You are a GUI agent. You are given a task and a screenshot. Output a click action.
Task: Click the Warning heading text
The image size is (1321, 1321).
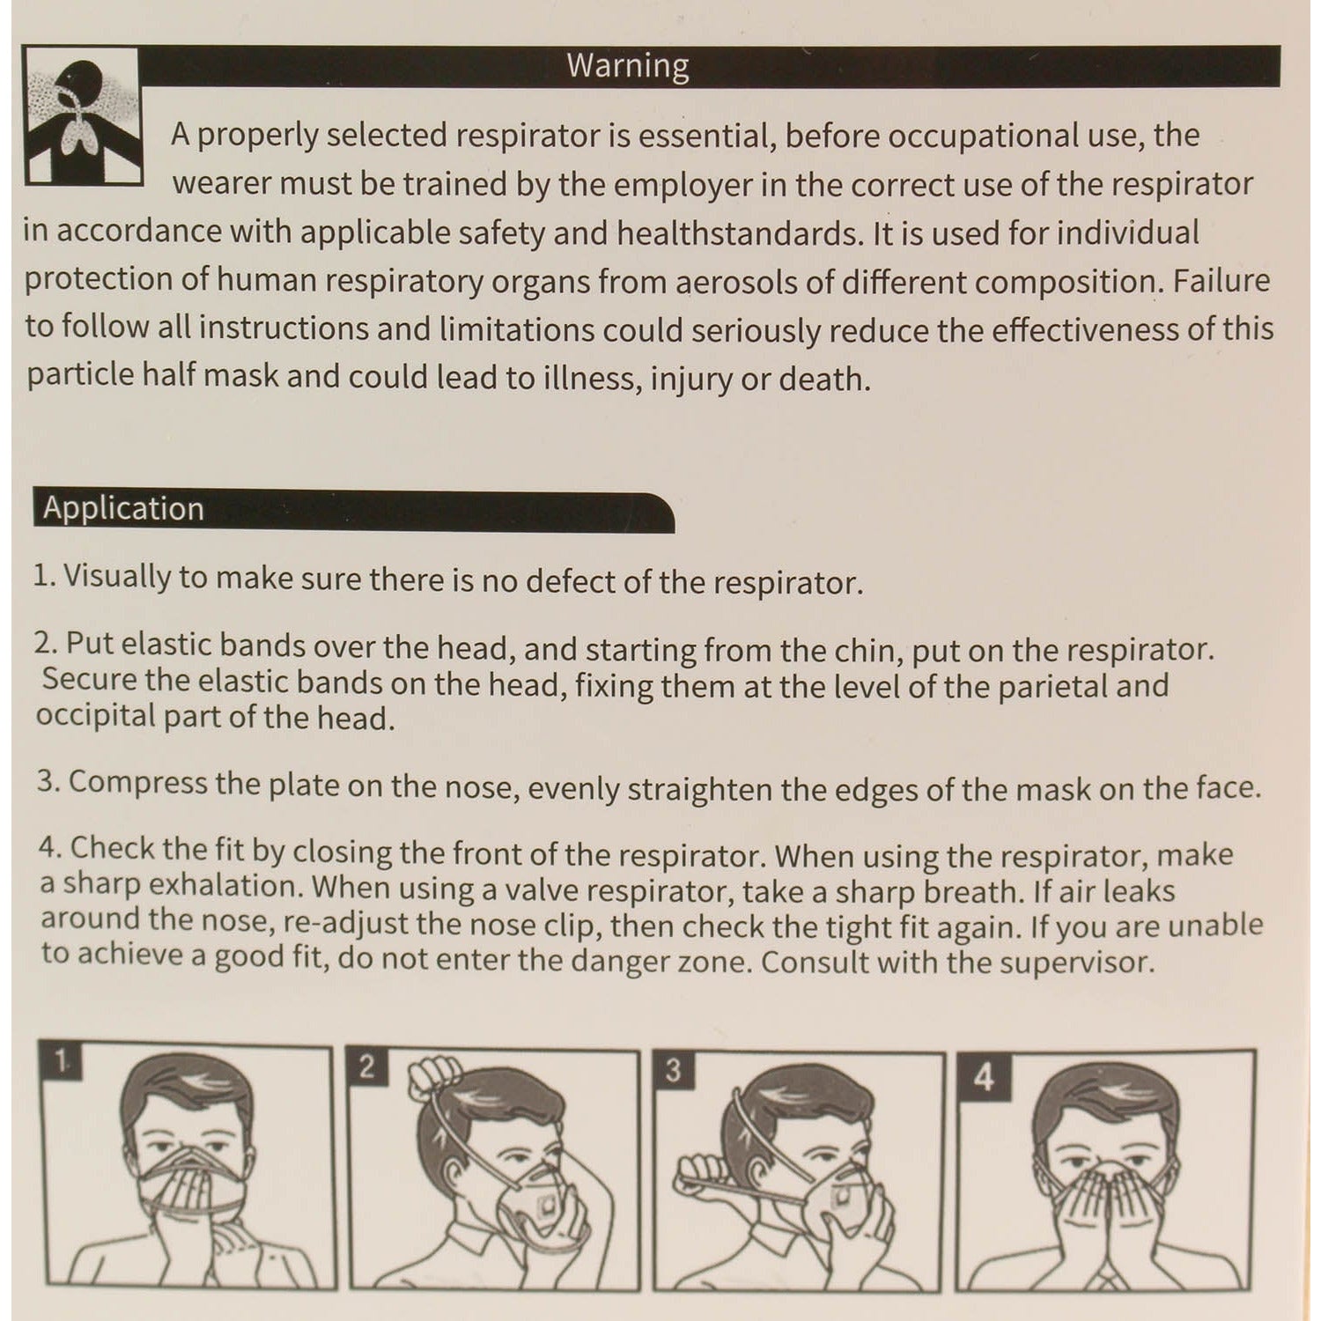627,66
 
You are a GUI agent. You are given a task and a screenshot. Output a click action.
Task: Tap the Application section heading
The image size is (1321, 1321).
123,509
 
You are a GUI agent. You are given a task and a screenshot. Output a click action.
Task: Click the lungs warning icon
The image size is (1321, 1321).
80,114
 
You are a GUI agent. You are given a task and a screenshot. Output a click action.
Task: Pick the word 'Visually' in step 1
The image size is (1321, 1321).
116,578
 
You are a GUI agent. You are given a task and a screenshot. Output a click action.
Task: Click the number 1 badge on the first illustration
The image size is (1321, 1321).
60,1062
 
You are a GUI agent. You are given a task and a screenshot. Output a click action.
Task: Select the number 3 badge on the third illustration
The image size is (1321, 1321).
674,1070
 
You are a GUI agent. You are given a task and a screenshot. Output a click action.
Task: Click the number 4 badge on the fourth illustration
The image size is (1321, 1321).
984,1075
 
